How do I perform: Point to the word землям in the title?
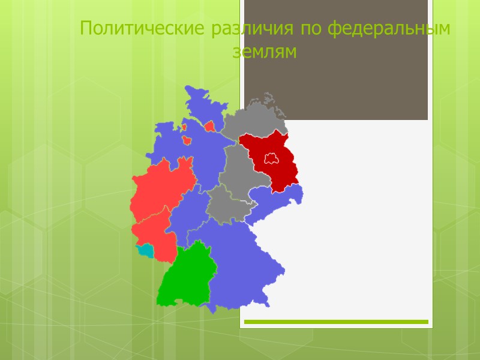coord(265,52)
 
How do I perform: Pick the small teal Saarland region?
coord(145,249)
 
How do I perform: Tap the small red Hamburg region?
coord(209,127)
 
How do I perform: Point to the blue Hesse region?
coord(186,216)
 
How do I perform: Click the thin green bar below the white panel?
coord(336,322)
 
